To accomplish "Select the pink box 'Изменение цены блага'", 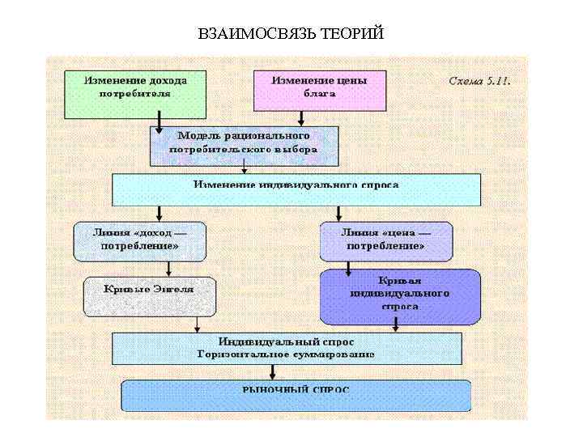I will pos(319,90).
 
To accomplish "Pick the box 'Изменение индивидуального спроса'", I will pos(296,189).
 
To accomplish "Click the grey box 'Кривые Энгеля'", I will pos(150,295).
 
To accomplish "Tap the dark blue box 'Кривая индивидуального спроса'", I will pos(400,296).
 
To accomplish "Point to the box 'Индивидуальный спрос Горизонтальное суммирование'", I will pos(287,348).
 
